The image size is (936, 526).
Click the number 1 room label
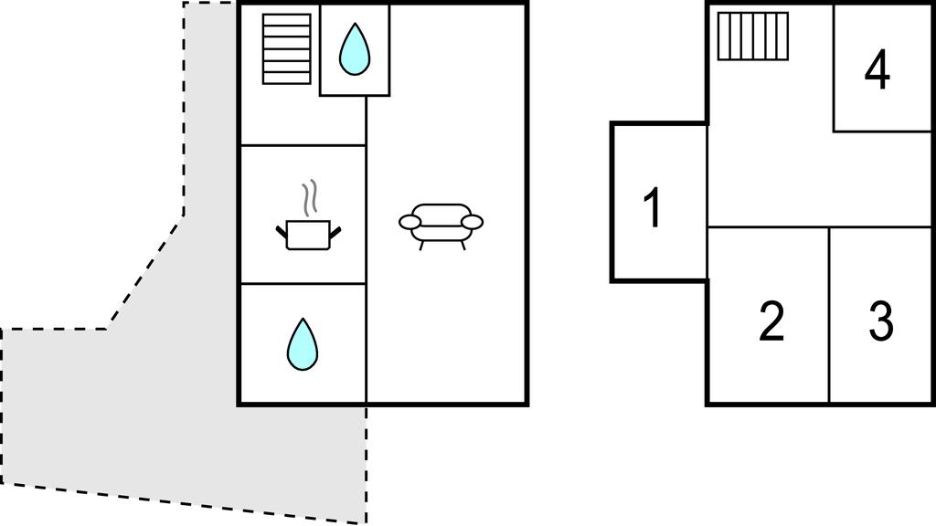pyautogui.click(x=652, y=208)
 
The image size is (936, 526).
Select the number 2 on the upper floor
pyautogui.click(x=771, y=321)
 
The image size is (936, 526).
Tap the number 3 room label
pyautogui.click(x=880, y=321)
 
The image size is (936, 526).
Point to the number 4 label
pyautogui.click(x=877, y=71)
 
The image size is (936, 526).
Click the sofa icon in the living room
pyautogui.click(x=441, y=222)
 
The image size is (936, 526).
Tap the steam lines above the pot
pyautogui.click(x=311, y=195)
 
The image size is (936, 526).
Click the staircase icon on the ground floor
pyautogui.click(x=286, y=48)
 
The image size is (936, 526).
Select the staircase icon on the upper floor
pyautogui.click(x=752, y=36)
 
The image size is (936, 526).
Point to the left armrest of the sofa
pyautogui.click(x=409, y=221)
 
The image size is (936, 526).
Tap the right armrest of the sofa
pyautogui.click(x=473, y=221)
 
